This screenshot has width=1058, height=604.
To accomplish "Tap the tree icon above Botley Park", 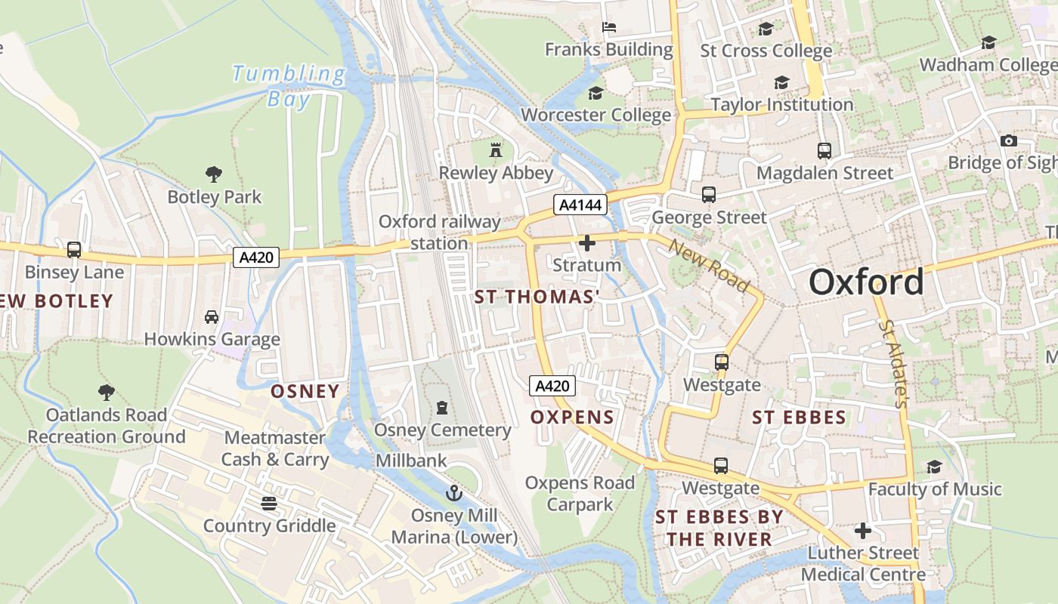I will pyautogui.click(x=214, y=174).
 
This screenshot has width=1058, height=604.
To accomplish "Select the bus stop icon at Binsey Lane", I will pyautogui.click(x=74, y=249).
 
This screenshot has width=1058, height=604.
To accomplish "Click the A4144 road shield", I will pyautogui.click(x=580, y=205).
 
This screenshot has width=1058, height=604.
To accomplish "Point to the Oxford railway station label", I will pyautogui.click(x=439, y=232).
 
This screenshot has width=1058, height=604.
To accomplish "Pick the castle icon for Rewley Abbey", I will pyautogui.click(x=496, y=149).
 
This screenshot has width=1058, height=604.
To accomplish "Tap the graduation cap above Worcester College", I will pyautogui.click(x=596, y=93).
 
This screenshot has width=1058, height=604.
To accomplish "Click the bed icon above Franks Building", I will pyautogui.click(x=609, y=27).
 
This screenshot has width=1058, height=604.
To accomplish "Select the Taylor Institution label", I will pyautogui.click(x=782, y=105).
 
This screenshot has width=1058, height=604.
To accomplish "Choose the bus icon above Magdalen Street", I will pyautogui.click(x=824, y=150).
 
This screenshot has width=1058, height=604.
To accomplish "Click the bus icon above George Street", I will pyautogui.click(x=709, y=195).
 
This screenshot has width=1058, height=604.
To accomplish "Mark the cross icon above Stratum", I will pyautogui.click(x=586, y=243).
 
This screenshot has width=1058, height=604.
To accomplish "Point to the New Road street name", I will pyautogui.click(x=708, y=267).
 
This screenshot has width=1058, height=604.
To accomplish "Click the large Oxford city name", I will pyautogui.click(x=866, y=282).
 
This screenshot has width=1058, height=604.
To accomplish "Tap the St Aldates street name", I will pyautogui.click(x=892, y=363).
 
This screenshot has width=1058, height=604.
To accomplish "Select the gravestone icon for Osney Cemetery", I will pyautogui.click(x=442, y=408).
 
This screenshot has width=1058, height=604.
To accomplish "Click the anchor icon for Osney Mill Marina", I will pyautogui.click(x=453, y=493).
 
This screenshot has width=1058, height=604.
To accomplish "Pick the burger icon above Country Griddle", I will pyautogui.click(x=269, y=503).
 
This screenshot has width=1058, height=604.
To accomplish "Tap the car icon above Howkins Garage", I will pyautogui.click(x=212, y=317).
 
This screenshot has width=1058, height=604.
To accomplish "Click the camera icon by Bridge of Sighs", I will pyautogui.click(x=1008, y=140).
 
